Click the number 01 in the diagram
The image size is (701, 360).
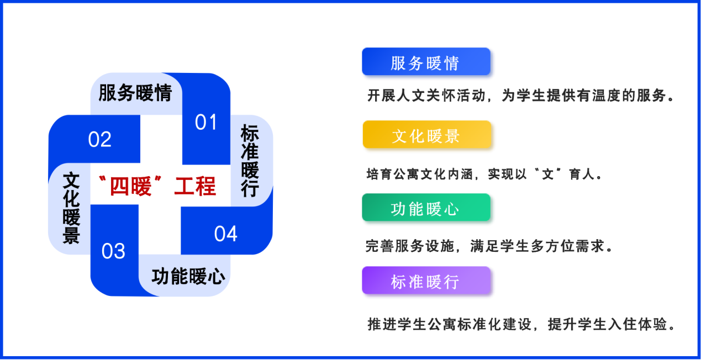point(206,122)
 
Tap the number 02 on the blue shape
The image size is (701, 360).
point(100,139)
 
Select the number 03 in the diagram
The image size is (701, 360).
point(113,251)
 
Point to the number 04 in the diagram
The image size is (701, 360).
point(225,234)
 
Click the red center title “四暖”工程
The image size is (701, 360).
point(157,186)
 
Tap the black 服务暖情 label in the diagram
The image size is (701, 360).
point(135,93)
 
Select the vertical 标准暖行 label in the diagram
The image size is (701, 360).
point(250,161)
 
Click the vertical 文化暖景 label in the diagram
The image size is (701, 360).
point(71,208)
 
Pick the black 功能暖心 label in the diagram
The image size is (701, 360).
point(188,277)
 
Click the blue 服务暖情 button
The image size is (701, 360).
point(426,61)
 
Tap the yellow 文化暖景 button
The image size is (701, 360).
point(427,134)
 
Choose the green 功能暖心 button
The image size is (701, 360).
point(426,207)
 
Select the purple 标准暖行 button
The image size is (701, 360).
point(426,280)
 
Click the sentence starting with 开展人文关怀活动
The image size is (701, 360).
point(520,96)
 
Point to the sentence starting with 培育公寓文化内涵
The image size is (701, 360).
point(484,174)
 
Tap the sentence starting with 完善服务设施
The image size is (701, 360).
point(489,246)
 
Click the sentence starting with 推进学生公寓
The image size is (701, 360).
point(521,324)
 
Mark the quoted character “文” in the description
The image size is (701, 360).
point(547,174)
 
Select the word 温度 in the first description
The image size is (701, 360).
point(607,96)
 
